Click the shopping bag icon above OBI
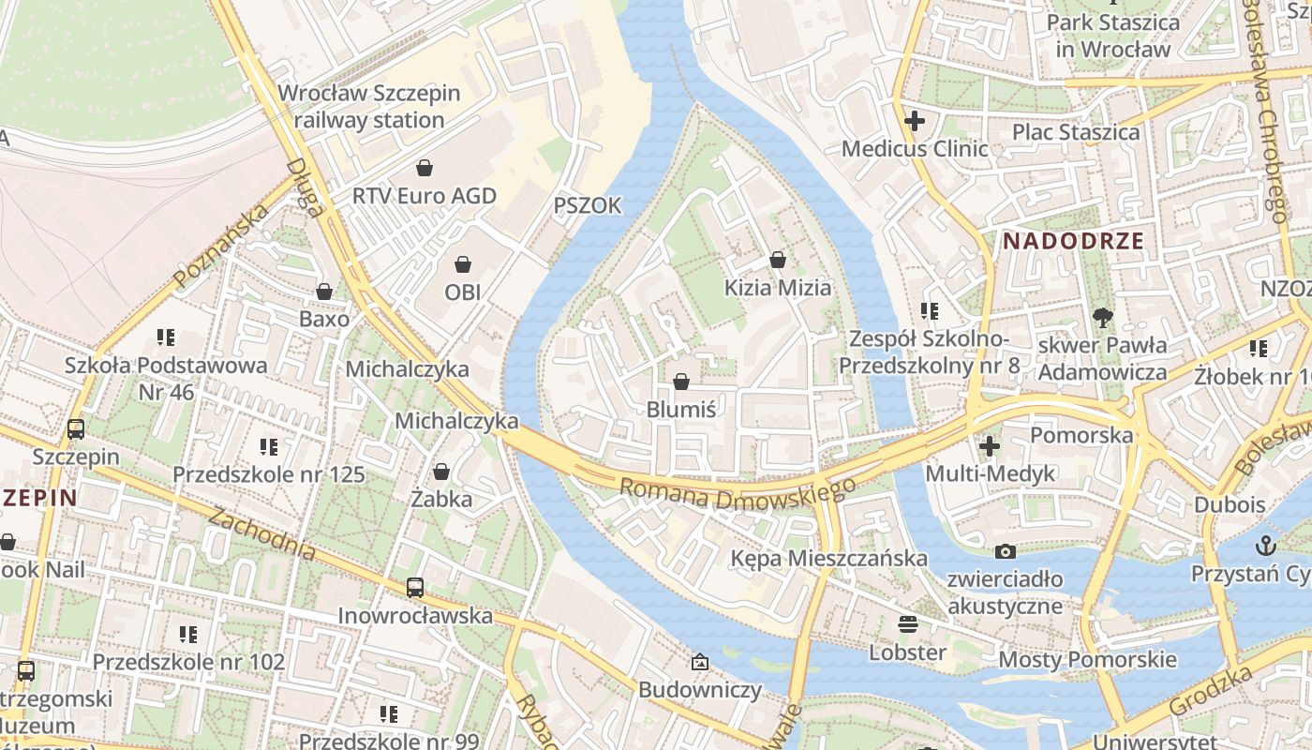tap(462, 264)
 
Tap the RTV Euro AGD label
tap(424, 196)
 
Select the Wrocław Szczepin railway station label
tap(369, 107)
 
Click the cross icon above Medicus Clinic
tap(915, 120)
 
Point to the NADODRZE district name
tap(1074, 241)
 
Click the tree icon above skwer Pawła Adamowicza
tap(1103, 317)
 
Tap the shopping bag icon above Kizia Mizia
tap(777, 260)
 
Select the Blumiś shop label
tap(681, 410)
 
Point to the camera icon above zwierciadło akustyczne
tap(1005, 551)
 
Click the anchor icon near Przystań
tap(1266, 545)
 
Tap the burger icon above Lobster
tap(907, 623)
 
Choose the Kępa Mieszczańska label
tap(828, 559)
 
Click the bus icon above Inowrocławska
tap(415, 588)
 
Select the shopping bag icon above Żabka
tap(440, 471)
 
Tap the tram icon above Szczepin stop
tap(76, 429)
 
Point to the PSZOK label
tap(587, 206)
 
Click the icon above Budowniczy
tap(699, 663)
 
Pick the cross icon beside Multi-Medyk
tap(989, 446)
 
